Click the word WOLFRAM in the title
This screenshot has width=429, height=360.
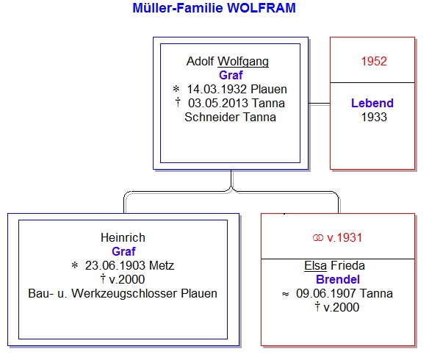(x=262, y=8)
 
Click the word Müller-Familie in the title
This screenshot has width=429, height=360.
(x=178, y=8)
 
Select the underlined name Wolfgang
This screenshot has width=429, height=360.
(x=243, y=62)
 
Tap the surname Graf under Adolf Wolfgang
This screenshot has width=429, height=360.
(x=231, y=75)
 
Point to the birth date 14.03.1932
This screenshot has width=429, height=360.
(x=217, y=89)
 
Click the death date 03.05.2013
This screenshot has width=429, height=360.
(x=218, y=103)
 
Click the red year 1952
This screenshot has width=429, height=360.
(x=374, y=61)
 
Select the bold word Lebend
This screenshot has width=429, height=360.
(x=372, y=103)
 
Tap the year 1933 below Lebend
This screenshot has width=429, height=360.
(x=374, y=117)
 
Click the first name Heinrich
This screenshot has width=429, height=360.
(x=123, y=237)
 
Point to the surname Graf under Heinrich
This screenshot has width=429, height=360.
(x=123, y=251)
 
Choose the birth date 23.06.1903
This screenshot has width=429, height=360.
(x=115, y=265)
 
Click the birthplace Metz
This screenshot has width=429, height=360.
(x=162, y=265)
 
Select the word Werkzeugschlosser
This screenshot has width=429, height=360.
(x=125, y=293)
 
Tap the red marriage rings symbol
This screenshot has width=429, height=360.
(x=318, y=238)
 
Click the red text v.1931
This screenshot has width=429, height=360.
(x=345, y=237)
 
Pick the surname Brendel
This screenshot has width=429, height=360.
(x=338, y=279)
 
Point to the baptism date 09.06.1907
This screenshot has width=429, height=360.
(x=326, y=293)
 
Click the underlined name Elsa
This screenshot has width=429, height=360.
(x=315, y=265)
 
